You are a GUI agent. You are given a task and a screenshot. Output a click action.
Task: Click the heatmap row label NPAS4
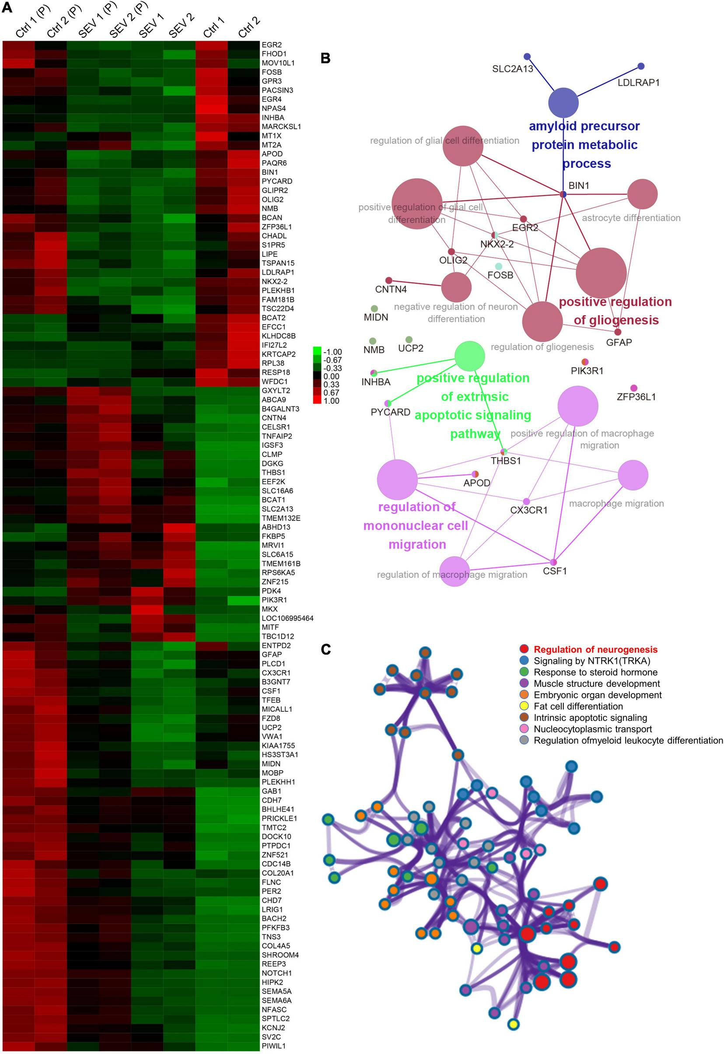point(273,109)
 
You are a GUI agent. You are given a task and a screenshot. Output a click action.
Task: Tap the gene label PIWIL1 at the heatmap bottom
point(273,1046)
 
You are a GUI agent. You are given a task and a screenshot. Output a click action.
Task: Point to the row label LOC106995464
point(287,618)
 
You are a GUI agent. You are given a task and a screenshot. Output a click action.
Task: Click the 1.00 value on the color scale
point(332,401)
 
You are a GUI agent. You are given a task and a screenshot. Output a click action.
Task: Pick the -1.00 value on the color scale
point(333,352)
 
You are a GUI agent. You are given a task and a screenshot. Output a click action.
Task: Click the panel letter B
point(325,59)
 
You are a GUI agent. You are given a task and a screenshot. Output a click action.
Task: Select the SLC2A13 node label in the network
point(513,69)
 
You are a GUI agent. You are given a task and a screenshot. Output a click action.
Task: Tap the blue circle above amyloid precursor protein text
point(563,103)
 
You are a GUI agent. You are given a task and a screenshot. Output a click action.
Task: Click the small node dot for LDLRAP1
point(640,66)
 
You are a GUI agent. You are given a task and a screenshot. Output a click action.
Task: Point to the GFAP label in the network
point(619,343)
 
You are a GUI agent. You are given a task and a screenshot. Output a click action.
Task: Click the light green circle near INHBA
point(469,356)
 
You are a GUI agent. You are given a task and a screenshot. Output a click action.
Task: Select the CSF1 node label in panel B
point(555,571)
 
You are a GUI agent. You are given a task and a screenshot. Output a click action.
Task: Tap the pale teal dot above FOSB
point(499,266)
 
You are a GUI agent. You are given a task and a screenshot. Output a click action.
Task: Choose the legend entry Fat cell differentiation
point(578,706)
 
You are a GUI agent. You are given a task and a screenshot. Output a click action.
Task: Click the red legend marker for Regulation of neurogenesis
point(524,649)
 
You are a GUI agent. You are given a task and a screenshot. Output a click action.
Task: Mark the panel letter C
point(325,650)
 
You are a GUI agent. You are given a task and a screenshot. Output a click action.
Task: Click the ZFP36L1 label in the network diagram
point(636,397)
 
